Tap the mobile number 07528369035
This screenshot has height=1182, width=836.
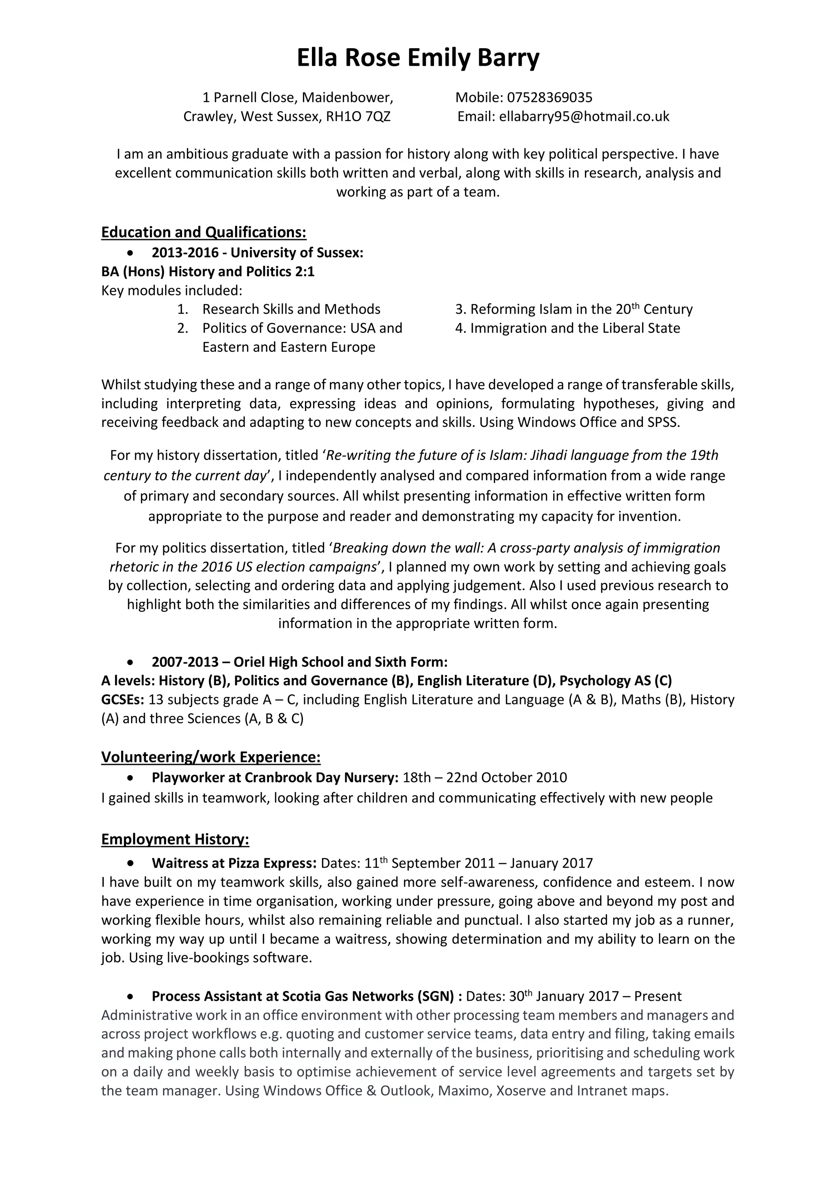(550, 97)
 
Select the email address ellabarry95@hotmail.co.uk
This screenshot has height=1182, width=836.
(584, 117)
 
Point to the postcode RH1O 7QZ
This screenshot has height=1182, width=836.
(358, 117)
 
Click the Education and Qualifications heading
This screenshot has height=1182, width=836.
(204, 232)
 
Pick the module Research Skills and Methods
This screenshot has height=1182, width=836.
(291, 309)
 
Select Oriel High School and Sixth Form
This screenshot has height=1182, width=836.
(340, 662)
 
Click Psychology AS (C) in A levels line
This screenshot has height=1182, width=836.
(616, 680)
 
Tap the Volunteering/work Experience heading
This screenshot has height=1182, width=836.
(211, 757)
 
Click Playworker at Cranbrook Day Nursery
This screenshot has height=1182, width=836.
(275, 778)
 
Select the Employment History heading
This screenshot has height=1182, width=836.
(175, 839)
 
